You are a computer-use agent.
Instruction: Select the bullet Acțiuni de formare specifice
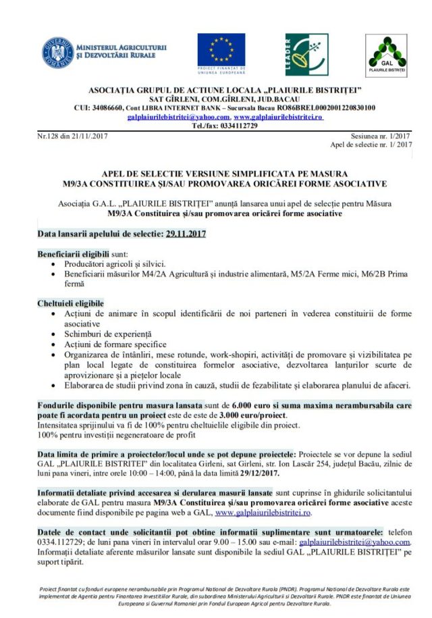pyautogui.click(x=115, y=344)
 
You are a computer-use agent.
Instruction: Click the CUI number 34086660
pyautogui.click(x=107, y=107)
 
